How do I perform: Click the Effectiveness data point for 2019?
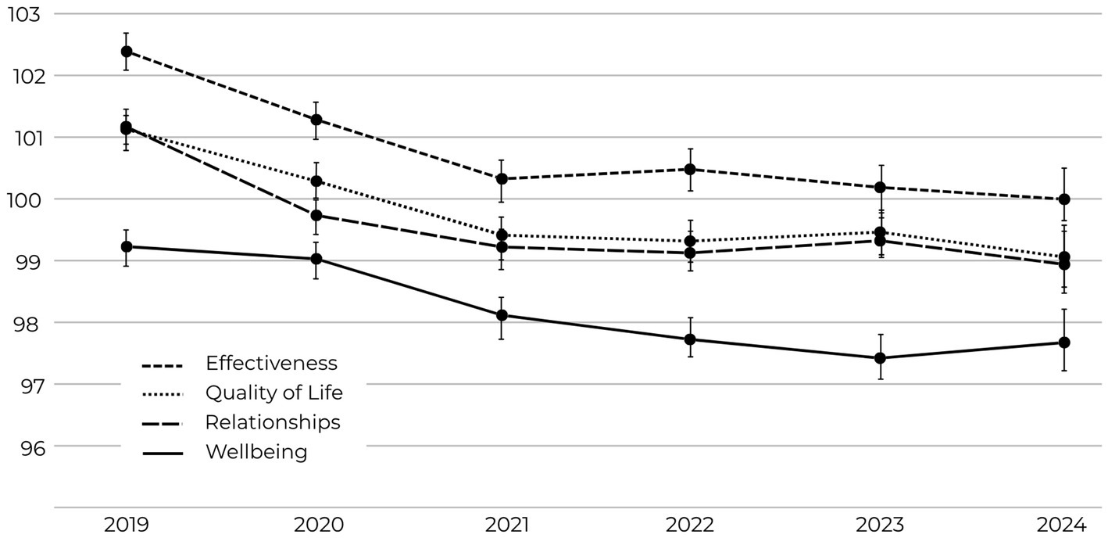tap(127, 52)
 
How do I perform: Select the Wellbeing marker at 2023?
tap(880, 358)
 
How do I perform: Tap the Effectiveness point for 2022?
tap(690, 169)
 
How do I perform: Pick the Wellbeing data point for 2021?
tap(502, 315)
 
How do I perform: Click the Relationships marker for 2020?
tap(316, 215)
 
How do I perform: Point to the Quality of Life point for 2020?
tap(316, 181)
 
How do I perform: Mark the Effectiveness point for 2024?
tap(1064, 199)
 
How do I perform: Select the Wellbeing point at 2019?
tap(127, 246)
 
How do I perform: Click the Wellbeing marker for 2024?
tap(1064, 343)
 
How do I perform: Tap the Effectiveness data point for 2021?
tap(502, 179)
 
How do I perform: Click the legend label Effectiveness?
tap(271, 364)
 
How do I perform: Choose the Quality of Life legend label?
tap(273, 393)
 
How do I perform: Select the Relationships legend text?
tap(273, 422)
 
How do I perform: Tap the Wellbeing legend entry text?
tap(256, 452)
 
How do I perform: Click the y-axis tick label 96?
tap(23, 447)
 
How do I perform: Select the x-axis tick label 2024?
tap(1063, 524)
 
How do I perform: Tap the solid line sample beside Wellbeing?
tap(162, 453)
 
